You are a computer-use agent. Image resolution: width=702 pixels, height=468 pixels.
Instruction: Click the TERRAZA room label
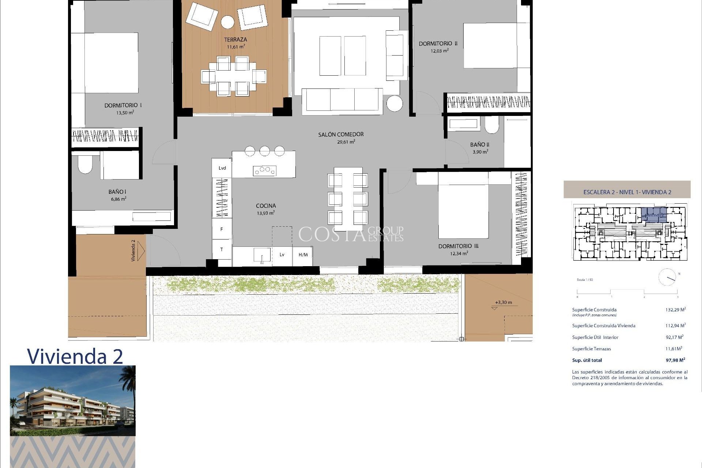tap(235, 39)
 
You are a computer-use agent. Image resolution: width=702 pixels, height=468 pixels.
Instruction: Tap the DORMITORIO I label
tap(123, 105)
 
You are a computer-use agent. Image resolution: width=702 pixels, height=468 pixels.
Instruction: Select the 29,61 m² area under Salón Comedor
tap(346, 142)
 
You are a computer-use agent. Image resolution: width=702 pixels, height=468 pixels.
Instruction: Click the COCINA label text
tap(266, 206)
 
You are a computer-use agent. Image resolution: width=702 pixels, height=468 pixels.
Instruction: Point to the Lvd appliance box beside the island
tap(222, 168)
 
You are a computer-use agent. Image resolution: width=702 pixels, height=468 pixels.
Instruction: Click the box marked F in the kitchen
tap(222, 229)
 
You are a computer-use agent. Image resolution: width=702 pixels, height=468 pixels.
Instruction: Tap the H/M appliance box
tap(303, 255)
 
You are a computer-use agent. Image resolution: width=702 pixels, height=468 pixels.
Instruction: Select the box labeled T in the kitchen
tap(222, 249)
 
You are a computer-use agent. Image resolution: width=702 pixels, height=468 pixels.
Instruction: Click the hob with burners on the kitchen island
tap(265, 170)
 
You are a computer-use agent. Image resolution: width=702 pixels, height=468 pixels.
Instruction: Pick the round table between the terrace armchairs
tap(227, 22)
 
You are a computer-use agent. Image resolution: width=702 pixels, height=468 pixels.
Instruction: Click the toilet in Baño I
tap(85, 165)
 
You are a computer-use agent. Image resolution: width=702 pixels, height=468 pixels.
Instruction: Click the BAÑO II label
tap(480, 145)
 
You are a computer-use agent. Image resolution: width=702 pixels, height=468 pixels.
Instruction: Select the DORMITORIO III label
tap(458, 246)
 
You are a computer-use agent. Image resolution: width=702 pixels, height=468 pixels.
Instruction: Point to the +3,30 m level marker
tap(503, 303)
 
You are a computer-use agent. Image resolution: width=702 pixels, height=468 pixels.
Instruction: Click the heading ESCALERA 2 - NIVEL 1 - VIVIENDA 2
tap(627, 192)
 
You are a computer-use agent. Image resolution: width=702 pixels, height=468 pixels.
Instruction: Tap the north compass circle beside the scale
tap(667, 277)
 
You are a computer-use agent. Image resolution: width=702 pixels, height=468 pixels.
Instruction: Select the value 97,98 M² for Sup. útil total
tap(675, 360)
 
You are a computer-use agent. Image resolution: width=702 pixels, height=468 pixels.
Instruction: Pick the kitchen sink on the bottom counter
tap(262, 255)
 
